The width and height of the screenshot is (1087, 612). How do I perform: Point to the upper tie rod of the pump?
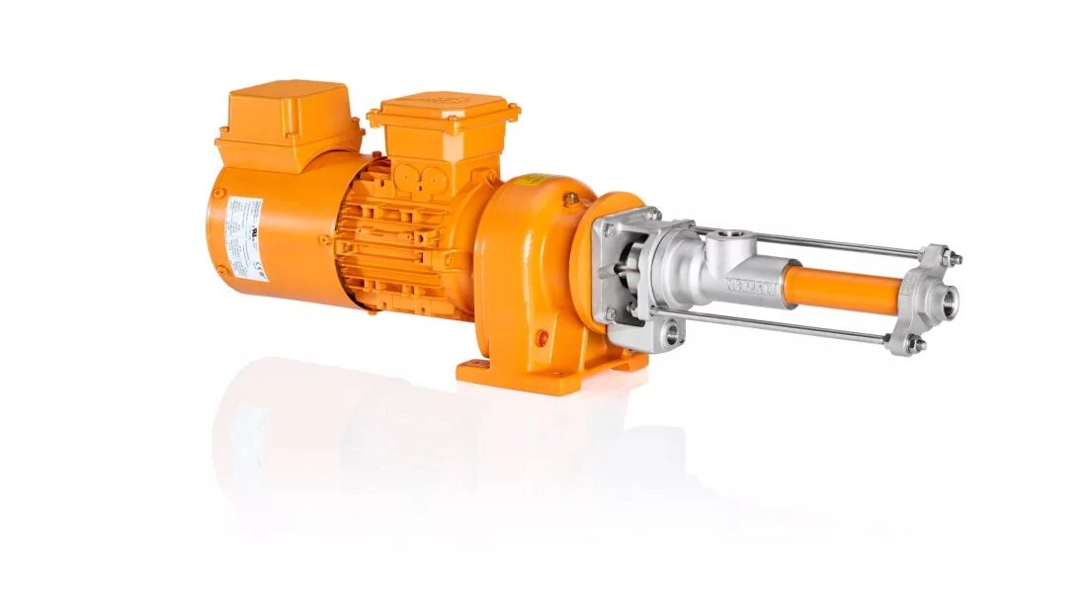810,242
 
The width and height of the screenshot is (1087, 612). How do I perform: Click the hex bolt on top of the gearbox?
571,199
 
